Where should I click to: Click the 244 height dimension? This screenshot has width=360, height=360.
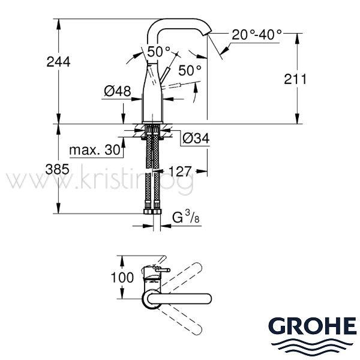coord(58,62)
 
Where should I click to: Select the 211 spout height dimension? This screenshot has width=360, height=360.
coord(295,79)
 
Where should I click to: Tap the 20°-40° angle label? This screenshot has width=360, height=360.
coord(257,35)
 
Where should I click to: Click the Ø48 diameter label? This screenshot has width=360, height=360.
coord(118,91)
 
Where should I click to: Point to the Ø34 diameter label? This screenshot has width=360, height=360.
coord(196,138)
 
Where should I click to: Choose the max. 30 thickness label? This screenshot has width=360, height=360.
coord(95,150)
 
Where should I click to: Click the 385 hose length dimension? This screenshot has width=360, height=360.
coord(57,169)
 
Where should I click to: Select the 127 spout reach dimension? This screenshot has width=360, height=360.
coord(180,171)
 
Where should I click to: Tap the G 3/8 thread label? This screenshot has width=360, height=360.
coord(186,217)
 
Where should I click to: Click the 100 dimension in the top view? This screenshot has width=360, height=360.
coord(122,277)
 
